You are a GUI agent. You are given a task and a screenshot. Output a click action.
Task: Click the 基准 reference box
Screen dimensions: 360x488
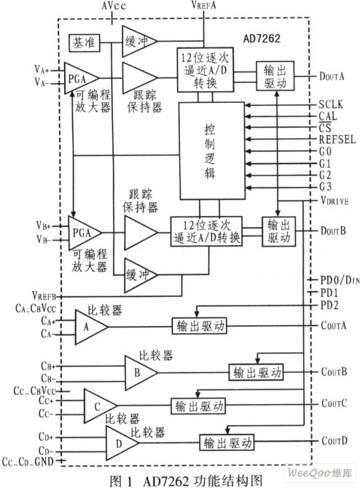pyautogui.click(x=84, y=42)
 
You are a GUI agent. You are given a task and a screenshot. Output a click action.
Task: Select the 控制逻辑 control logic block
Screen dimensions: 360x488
pyautogui.click(x=212, y=151)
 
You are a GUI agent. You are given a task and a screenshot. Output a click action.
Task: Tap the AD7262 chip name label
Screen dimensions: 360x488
pyautogui.click(x=262, y=38)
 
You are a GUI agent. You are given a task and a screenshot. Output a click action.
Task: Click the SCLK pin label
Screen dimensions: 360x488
pyautogui.click(x=331, y=104)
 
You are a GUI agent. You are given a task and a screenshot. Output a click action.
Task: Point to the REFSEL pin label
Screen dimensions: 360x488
pyautogui.click(x=337, y=139)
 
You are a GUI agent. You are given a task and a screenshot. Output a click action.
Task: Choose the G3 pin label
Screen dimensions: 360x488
pyautogui.click(x=326, y=187)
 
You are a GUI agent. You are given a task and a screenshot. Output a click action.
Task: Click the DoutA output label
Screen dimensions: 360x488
pyautogui.click(x=332, y=76)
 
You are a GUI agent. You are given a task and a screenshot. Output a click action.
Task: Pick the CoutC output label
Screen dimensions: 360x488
pyautogui.click(x=334, y=403)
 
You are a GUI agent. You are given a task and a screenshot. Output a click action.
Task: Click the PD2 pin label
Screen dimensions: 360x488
pyautogui.click(x=329, y=306)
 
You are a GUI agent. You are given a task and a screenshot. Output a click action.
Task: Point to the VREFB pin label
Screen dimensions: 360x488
pyautogui.click(x=44, y=295)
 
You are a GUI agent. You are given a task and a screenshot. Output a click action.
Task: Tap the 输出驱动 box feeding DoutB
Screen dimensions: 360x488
pyautogui.click(x=278, y=231)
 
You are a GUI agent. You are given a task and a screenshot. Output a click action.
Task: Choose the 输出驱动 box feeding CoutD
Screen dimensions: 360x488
pyautogui.click(x=227, y=443)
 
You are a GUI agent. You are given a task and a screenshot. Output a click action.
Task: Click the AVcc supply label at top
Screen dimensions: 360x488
pyautogui.click(x=114, y=7)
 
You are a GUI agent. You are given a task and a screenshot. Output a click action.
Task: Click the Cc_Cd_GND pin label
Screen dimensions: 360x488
pyautogui.click(x=28, y=462)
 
